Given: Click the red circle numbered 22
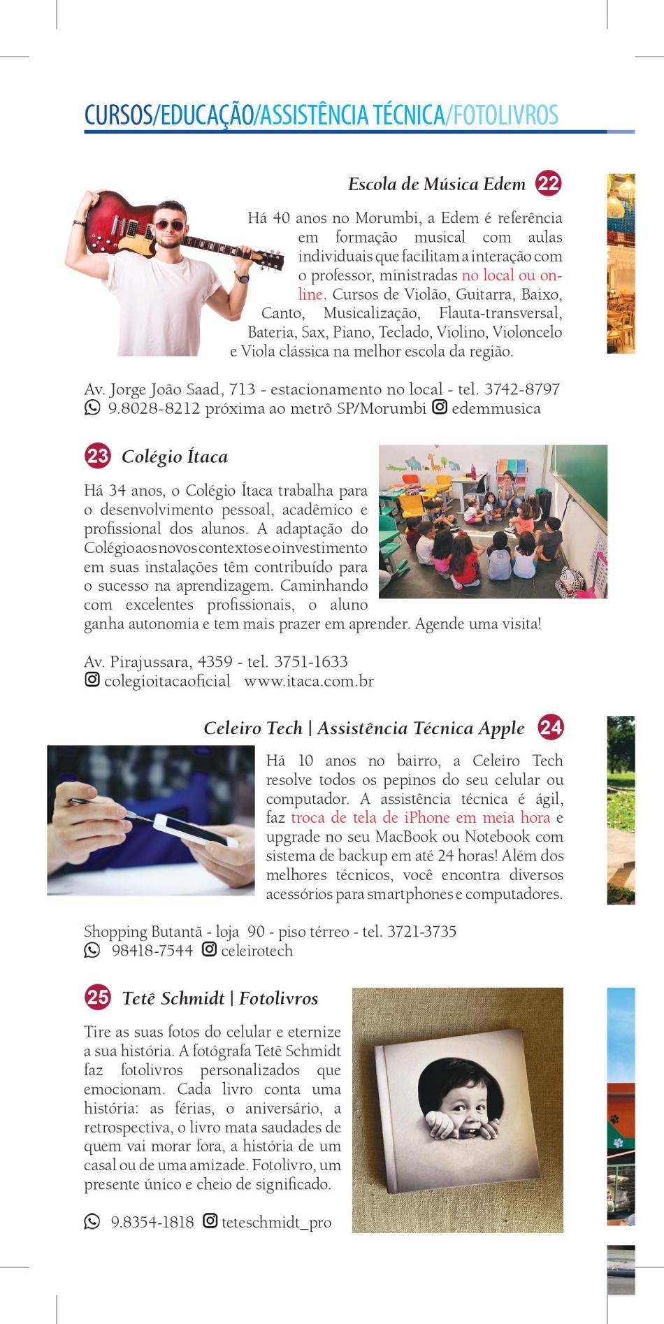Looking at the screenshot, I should (549, 184).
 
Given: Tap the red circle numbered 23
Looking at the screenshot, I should (97, 456).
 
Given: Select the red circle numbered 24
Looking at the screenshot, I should (550, 728).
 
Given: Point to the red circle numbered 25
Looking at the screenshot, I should (97, 998).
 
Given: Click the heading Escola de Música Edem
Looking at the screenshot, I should (436, 185).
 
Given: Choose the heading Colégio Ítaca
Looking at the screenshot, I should (174, 457).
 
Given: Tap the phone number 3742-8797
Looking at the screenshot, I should (521, 389).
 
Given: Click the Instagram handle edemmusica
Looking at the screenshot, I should (496, 408).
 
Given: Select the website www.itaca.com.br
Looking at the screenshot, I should (308, 681).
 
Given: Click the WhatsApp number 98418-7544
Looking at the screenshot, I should (152, 951).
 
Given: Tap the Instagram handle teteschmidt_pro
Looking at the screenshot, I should (276, 1222).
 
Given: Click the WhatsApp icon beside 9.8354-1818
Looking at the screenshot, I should (92, 1221).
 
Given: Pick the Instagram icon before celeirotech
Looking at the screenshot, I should (209, 949).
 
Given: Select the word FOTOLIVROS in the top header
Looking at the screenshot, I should (505, 115).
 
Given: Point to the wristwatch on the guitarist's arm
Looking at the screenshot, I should (242, 277).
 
